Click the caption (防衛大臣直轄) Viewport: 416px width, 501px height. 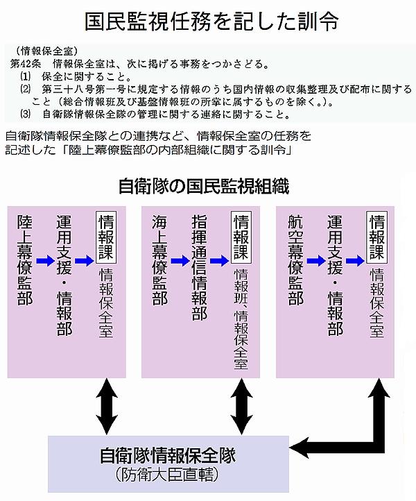click(x=168, y=476)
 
